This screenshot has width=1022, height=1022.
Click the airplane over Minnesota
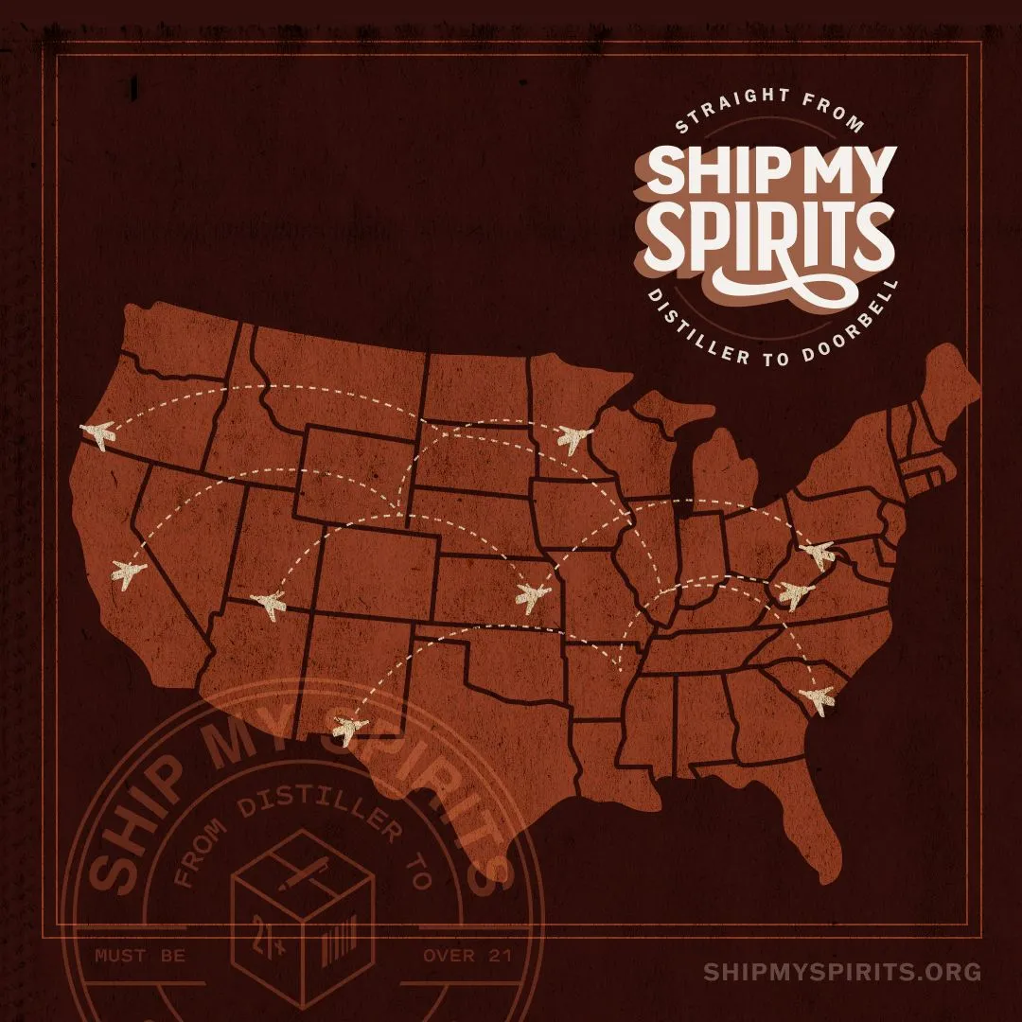(x=573, y=437)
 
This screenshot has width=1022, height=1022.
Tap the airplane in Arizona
(x=270, y=603)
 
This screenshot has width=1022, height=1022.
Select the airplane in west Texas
(x=350, y=730)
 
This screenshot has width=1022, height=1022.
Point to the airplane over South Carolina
(x=817, y=700)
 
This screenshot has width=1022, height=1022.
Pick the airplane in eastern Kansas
(x=533, y=596)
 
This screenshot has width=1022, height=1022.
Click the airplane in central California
(x=129, y=573)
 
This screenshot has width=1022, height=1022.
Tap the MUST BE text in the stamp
(x=140, y=956)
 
